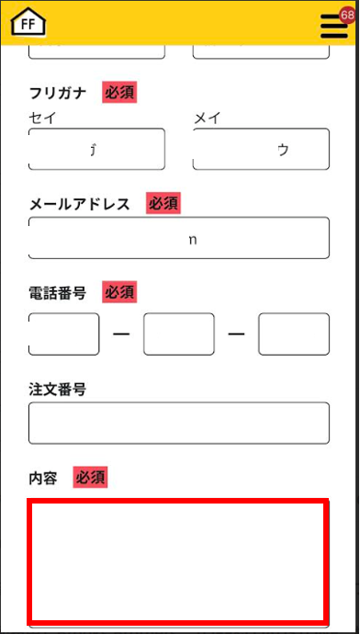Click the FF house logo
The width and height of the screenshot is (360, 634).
(x=28, y=22)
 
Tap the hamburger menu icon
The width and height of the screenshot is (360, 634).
(x=334, y=27)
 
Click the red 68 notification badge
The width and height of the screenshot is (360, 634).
(x=347, y=16)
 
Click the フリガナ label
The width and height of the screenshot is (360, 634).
(x=58, y=94)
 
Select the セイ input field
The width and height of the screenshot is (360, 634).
(x=97, y=149)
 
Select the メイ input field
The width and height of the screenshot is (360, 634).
(x=261, y=149)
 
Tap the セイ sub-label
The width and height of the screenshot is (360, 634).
(x=43, y=119)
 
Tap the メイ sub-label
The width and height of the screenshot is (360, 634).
(x=208, y=119)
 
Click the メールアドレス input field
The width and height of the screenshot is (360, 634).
(x=179, y=238)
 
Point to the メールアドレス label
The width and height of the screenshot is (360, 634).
(x=80, y=204)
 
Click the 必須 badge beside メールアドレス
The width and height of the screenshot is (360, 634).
(x=163, y=204)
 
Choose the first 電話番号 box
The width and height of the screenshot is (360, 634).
(x=64, y=334)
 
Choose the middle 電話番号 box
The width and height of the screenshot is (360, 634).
(x=179, y=334)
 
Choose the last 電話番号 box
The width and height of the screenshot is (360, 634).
(x=294, y=334)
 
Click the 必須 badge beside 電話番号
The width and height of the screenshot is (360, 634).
(x=119, y=292)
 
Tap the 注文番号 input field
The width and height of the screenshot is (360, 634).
(x=179, y=423)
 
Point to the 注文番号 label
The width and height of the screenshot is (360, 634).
(x=57, y=391)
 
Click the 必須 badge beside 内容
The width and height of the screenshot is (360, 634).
(x=91, y=478)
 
